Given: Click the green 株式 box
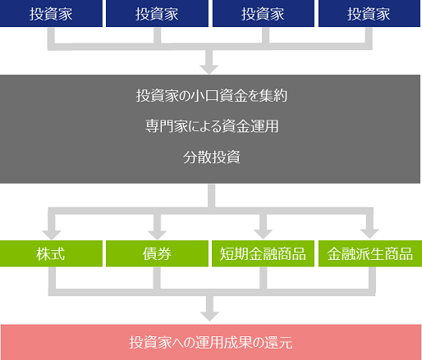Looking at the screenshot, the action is (51, 253).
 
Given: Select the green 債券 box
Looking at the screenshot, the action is (157, 253).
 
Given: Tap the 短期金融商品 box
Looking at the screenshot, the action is (263, 253).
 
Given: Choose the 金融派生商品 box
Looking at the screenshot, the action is (370, 253).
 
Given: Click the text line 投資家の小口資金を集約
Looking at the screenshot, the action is (212, 96).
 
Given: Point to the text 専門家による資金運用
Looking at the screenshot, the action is (212, 126).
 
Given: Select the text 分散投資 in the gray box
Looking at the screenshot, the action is (212, 157).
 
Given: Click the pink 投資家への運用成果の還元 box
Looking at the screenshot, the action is (211, 342).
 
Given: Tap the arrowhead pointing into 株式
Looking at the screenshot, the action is (52, 235).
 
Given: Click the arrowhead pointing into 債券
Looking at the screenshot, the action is (157, 235).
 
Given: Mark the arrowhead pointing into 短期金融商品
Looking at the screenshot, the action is (263, 235).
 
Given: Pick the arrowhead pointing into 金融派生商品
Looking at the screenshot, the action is (369, 235).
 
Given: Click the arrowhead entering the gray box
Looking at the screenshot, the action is (209, 70).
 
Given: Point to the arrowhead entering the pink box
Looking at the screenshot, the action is (209, 317).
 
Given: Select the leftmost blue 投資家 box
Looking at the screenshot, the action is (51, 13).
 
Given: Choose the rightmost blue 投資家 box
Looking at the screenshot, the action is (369, 13).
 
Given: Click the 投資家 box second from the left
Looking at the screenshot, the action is (157, 13).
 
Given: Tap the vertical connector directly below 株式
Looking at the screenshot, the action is (52, 278).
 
